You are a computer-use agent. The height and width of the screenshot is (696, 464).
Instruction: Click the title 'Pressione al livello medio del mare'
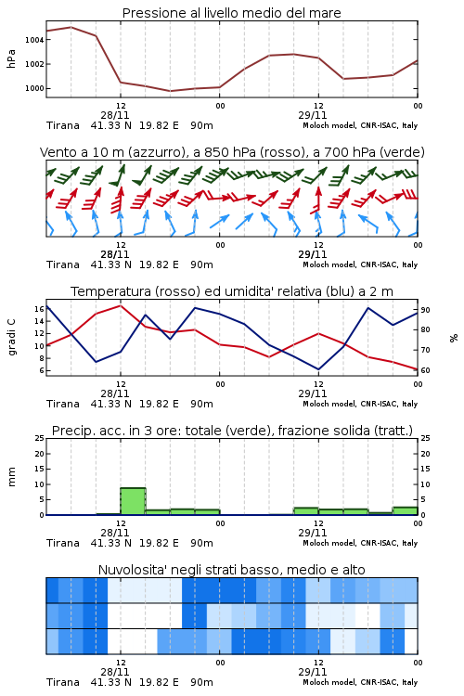click(231, 13)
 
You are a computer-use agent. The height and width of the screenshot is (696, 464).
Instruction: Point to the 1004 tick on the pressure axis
click(34, 40)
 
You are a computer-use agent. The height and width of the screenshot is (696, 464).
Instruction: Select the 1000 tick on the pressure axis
click(34, 88)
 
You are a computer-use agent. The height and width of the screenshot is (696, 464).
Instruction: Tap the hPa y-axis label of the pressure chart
click(11, 58)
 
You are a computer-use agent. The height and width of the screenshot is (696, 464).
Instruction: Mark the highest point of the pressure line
click(71, 27)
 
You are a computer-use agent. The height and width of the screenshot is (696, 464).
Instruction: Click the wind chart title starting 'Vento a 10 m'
click(232, 152)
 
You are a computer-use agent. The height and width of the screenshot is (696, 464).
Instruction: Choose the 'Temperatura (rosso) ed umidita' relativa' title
click(232, 291)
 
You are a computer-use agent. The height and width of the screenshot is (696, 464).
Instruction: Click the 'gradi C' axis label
click(11, 338)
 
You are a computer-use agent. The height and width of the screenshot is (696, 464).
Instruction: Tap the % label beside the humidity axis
click(454, 338)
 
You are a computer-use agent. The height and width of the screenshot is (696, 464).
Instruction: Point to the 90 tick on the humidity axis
click(425, 310)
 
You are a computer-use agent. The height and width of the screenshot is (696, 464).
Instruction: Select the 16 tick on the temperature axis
click(39, 309)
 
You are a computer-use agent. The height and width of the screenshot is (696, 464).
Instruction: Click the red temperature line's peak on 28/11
click(121, 305)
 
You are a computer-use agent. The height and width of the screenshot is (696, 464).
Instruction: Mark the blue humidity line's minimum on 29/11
click(318, 369)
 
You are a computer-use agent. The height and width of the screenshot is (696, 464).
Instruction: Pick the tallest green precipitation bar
click(133, 501)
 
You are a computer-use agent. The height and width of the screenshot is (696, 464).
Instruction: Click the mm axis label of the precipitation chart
click(11, 477)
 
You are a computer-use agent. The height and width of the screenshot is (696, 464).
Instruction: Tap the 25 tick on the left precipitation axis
click(40, 439)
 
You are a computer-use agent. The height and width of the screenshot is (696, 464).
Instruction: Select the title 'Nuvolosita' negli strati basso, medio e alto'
click(231, 570)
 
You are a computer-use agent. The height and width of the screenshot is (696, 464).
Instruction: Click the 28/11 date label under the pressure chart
click(115, 115)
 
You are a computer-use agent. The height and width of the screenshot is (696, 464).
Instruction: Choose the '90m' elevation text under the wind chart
click(201, 265)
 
